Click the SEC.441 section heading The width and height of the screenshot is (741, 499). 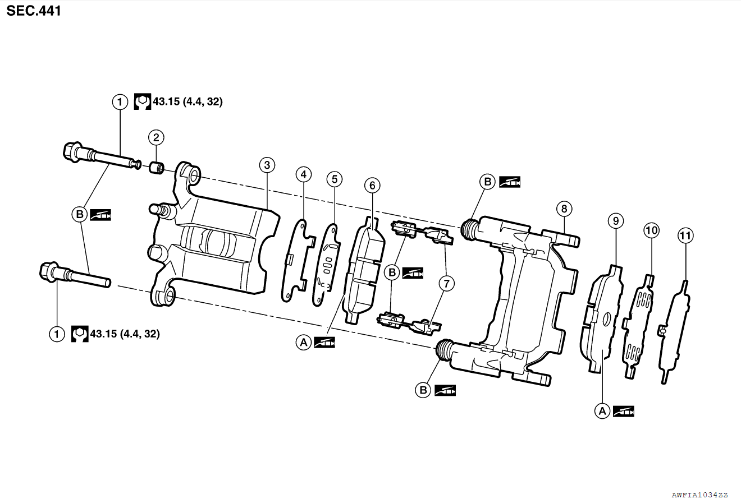(x=34, y=11)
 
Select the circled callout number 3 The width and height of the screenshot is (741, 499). (x=267, y=165)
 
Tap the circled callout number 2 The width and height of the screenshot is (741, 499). (x=156, y=137)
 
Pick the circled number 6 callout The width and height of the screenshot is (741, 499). (x=372, y=184)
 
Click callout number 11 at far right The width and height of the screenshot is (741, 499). (x=685, y=235)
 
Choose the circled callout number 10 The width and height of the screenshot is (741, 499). (x=651, y=230)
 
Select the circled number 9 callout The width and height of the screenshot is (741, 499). (x=616, y=221)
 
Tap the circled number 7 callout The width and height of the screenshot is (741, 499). (x=446, y=284)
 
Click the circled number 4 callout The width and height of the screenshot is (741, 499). (x=303, y=174)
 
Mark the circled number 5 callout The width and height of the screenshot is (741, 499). (x=335, y=179)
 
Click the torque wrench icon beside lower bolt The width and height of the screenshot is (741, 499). (x=80, y=334)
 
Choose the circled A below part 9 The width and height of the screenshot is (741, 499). (x=602, y=411)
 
